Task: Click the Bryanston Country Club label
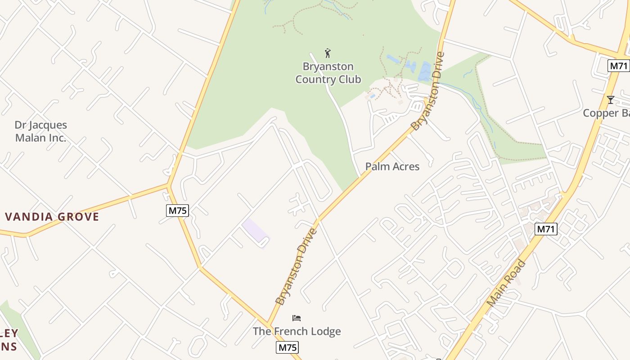pyautogui.click(x=328, y=73)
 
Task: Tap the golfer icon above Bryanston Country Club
pyautogui.click(x=328, y=53)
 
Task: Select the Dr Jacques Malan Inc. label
pyautogui.click(x=40, y=131)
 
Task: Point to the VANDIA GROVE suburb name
pyautogui.click(x=52, y=217)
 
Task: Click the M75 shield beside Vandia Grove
pyautogui.click(x=177, y=210)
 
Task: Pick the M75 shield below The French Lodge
pyautogui.click(x=287, y=347)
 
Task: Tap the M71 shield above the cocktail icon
pyautogui.click(x=618, y=66)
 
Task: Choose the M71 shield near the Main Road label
pyautogui.click(x=546, y=229)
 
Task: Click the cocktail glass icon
pyautogui.click(x=610, y=99)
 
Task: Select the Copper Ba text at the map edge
pyautogui.click(x=606, y=113)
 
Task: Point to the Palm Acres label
pyautogui.click(x=392, y=166)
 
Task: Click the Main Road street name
pyautogui.click(x=506, y=283)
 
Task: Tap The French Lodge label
pyautogui.click(x=297, y=332)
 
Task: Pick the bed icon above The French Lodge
pyautogui.click(x=297, y=318)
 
